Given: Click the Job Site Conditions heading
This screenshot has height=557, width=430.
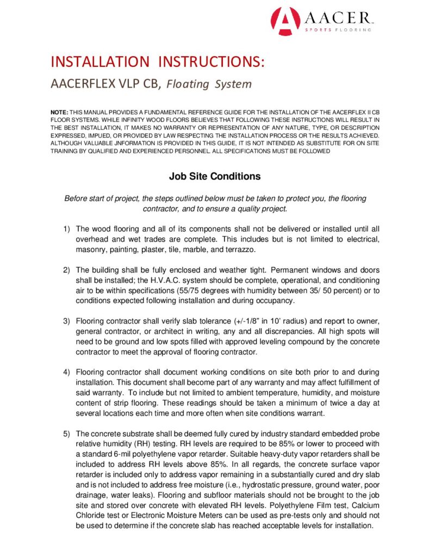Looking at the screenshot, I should pos(215,176).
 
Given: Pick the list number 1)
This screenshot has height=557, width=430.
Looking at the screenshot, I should pos(67,229).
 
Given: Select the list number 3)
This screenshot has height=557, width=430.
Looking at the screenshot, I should pos(67,321).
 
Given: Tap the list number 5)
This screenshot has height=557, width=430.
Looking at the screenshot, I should pos(67,434).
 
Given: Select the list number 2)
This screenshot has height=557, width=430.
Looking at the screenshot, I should pos(67,270).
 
